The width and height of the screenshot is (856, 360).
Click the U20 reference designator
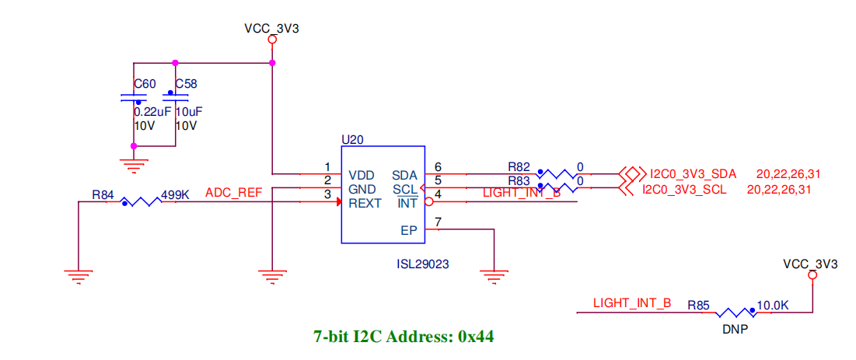pyautogui.click(x=352, y=139)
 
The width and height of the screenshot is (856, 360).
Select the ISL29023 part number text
pyautogui.click(x=422, y=264)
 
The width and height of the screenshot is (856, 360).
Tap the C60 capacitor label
pyautogui.click(x=145, y=83)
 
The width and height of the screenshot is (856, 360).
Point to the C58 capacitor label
pyautogui.click(x=186, y=83)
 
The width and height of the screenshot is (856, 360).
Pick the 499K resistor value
pyautogui.click(x=175, y=194)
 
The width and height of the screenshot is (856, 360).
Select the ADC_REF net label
pyautogui.click(x=233, y=192)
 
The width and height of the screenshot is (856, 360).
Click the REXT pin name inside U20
pyautogui.click(x=365, y=204)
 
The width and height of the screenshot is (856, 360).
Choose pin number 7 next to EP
pyautogui.click(x=438, y=223)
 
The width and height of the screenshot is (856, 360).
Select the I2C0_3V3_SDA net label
pyautogui.click(x=694, y=173)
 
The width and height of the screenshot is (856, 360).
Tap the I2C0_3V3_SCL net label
pyautogui.click(x=684, y=189)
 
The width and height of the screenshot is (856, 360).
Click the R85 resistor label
pyautogui.click(x=697, y=306)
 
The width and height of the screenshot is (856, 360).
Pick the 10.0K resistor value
pyautogui.click(x=774, y=306)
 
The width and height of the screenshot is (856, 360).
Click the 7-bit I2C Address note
pyautogui.click(x=403, y=337)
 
